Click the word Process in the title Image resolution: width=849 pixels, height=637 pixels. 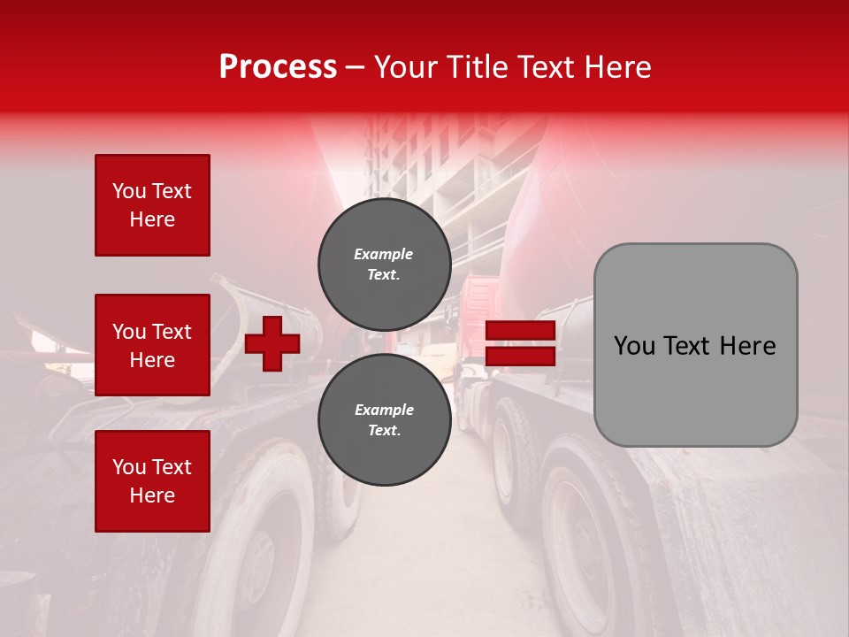(x=278, y=67)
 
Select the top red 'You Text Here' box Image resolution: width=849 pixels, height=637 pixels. (x=152, y=205)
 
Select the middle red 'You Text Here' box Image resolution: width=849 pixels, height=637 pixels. (x=152, y=345)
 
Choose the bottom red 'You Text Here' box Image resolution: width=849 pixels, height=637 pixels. (x=152, y=480)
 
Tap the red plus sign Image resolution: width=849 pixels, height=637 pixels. (x=272, y=343)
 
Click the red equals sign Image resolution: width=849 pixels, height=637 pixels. (x=520, y=344)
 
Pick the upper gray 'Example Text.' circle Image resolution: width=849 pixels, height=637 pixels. (x=384, y=265)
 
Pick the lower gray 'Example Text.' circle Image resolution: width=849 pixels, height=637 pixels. (x=384, y=420)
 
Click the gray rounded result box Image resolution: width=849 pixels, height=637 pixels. (x=695, y=345)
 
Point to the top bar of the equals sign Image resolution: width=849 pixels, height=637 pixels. (x=520, y=331)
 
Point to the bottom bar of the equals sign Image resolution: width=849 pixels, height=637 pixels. (x=520, y=357)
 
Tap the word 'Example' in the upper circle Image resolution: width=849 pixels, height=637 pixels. (x=384, y=255)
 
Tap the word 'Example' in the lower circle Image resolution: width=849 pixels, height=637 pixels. (x=384, y=410)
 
